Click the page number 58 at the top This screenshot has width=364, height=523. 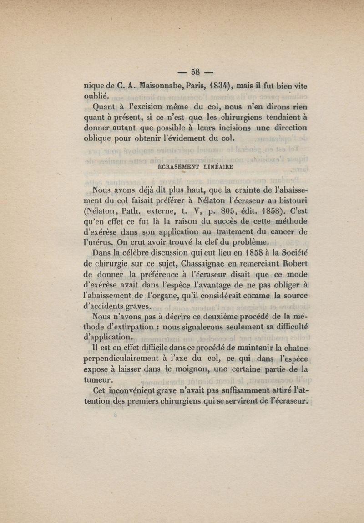pos(196,71)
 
